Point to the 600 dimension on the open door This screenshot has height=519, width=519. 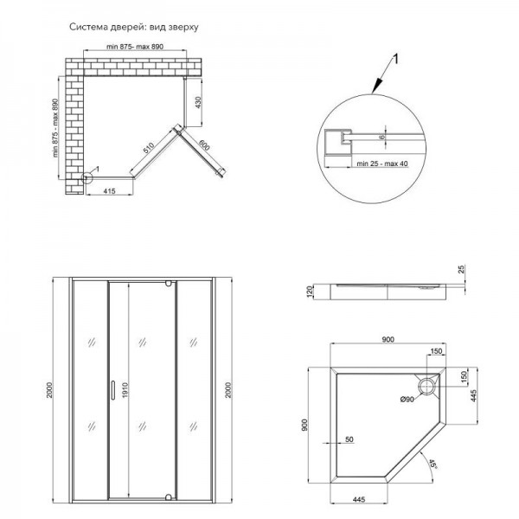tap(203, 147)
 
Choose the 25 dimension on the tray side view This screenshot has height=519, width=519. tap(462, 273)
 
